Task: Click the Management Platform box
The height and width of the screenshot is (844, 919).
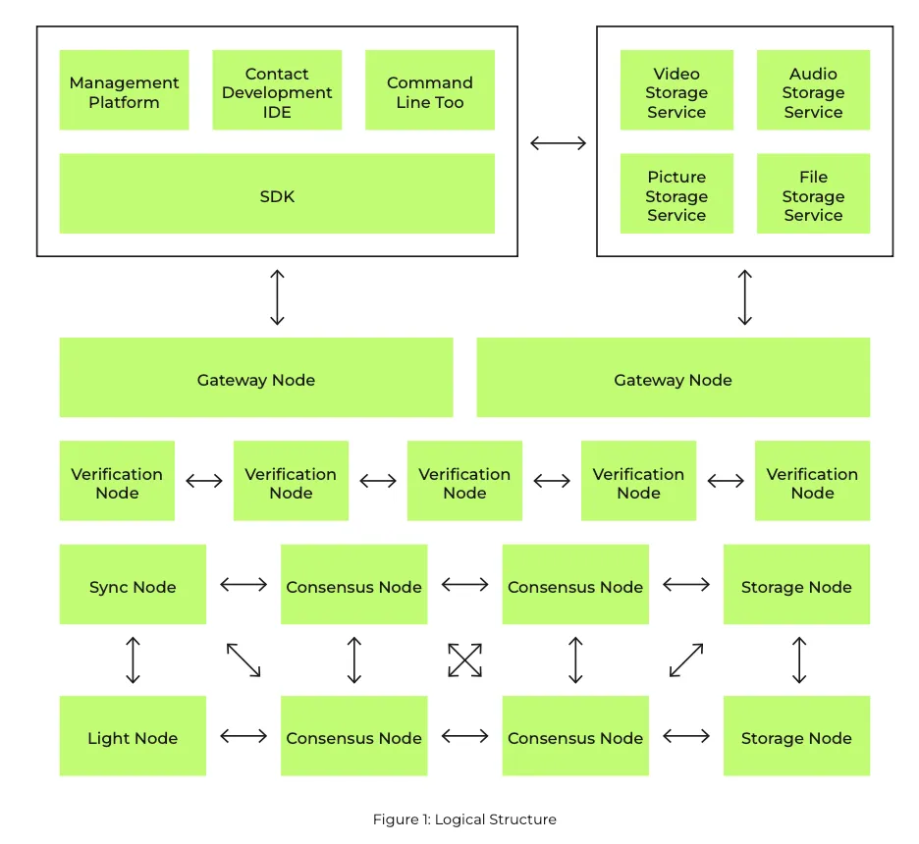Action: point(125,89)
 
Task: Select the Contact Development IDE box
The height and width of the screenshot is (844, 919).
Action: point(277,89)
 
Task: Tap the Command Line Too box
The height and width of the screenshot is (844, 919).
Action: point(430,89)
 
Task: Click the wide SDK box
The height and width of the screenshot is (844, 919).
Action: point(277,193)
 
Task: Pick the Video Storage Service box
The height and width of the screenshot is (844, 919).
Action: point(676,89)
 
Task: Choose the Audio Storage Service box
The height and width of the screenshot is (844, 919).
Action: point(814,89)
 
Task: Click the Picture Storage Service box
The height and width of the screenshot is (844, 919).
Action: point(676,193)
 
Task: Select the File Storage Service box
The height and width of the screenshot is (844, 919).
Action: point(814,193)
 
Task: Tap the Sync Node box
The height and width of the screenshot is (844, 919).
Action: point(134,584)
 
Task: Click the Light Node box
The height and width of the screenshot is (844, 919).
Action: point(134,736)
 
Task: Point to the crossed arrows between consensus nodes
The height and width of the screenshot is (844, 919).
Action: point(464,660)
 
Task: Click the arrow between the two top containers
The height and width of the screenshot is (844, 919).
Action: point(558,143)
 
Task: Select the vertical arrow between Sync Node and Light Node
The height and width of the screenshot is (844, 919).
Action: point(134,660)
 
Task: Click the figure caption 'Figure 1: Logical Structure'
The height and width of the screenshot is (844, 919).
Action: point(464,818)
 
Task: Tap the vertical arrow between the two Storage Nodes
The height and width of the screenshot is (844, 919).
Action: point(799,660)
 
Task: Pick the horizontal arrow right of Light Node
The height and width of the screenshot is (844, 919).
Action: point(243,736)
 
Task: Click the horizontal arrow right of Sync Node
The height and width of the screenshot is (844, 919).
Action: point(243,584)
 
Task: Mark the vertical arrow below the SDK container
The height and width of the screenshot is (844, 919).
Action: point(277,297)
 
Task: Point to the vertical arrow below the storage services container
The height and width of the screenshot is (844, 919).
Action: point(745,297)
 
